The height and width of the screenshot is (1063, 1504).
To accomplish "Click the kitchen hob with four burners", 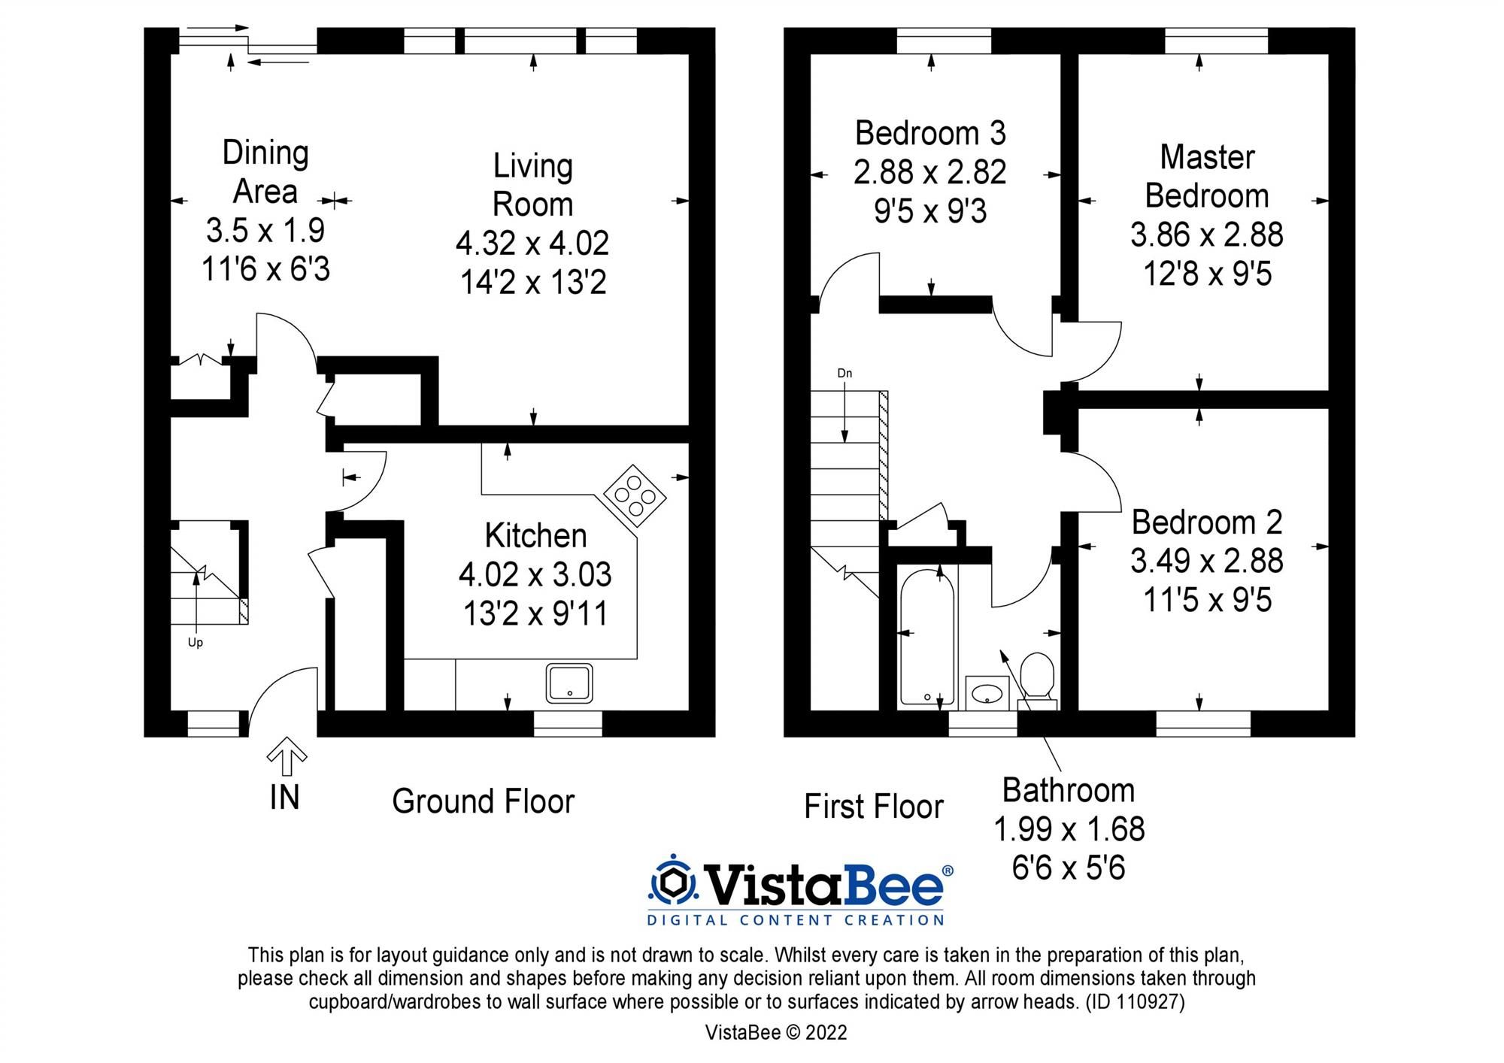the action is [635, 495].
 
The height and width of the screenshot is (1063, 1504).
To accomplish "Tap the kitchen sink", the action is [569, 683].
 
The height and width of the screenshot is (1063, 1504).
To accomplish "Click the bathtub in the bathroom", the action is [927, 637].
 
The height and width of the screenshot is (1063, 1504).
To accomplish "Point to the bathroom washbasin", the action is [987, 692].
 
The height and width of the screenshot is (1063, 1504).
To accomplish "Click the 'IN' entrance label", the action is [284, 798].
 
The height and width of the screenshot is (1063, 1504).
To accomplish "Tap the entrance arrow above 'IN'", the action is [287, 756].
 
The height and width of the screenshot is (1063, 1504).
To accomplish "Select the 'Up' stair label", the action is [196, 643].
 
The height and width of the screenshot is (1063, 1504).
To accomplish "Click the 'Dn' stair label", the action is [844, 373].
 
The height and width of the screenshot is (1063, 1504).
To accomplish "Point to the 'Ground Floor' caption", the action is [483, 801].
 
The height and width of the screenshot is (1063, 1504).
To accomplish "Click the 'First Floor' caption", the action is [873, 807].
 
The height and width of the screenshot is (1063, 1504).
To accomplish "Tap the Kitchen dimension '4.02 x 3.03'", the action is [535, 575].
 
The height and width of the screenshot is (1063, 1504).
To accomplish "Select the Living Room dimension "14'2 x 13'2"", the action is [533, 283].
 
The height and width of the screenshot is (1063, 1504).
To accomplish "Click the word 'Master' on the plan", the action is [1207, 157].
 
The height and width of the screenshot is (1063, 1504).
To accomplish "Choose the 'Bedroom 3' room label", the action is [930, 133].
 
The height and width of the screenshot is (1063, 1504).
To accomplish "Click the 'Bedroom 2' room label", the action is [1207, 522].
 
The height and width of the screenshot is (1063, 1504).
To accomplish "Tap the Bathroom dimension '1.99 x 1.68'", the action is [1069, 829].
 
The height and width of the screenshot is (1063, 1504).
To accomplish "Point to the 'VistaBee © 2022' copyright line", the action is [776, 1033].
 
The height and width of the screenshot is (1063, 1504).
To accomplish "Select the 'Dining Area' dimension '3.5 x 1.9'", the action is [265, 231].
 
